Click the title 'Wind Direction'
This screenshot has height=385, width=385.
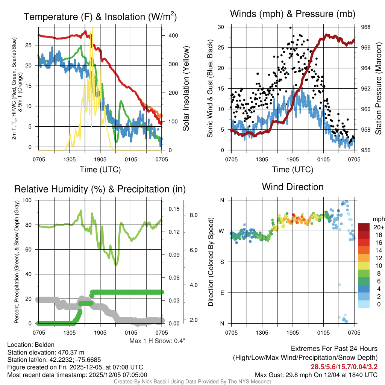click(293, 187)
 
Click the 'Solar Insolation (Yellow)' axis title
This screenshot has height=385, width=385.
click(186, 89)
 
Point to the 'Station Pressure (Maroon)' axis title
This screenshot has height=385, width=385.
click(378, 89)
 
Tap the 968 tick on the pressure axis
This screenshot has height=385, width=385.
click(365, 27)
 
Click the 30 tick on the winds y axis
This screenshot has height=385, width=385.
click(221, 27)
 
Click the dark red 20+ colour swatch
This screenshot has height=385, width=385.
click(364, 227)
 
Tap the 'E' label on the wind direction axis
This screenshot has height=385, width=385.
click(221, 293)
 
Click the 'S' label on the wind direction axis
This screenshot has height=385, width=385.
click(221, 262)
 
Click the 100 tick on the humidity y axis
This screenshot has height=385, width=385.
click(27, 200)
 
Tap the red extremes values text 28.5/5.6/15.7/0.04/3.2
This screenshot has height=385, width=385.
click(344, 367)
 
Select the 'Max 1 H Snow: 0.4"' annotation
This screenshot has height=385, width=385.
click(157, 341)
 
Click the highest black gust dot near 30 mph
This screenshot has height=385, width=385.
click(291, 27)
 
